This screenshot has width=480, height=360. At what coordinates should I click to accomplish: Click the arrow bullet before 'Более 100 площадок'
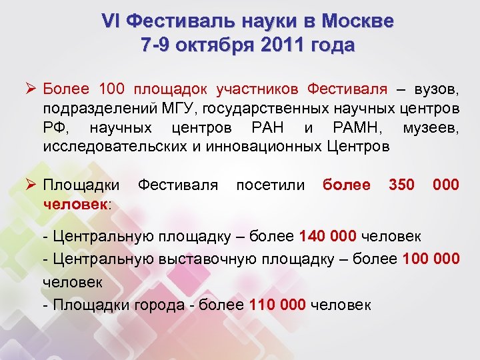click(x=29, y=89)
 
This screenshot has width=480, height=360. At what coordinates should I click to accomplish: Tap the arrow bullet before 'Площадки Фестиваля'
click(x=29, y=184)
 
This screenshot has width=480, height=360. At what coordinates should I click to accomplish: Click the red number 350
click(x=401, y=184)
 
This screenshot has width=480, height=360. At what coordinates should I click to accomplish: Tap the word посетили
click(x=271, y=184)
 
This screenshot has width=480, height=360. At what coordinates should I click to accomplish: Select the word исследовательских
click(x=102, y=146)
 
